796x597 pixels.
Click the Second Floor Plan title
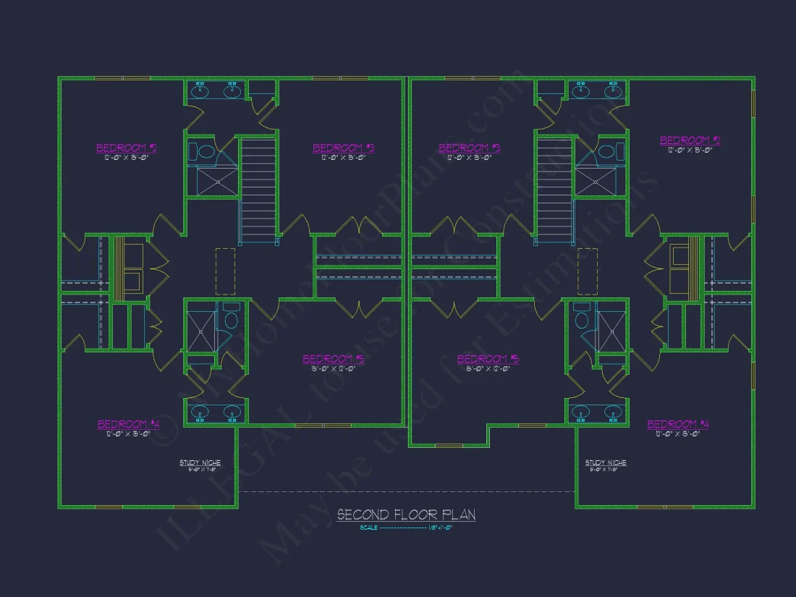[406, 515]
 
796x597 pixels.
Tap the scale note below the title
[406, 528]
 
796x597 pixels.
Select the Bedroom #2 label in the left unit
[127, 148]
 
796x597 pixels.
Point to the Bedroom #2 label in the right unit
[690, 140]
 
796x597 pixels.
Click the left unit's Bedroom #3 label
[343, 148]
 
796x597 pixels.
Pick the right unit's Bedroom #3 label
[469, 148]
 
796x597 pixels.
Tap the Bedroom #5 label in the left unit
[333, 359]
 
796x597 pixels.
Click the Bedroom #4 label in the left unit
[128, 424]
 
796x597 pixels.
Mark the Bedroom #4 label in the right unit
[677, 424]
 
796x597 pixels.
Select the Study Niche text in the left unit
[200, 462]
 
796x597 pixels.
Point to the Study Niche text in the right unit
[606, 462]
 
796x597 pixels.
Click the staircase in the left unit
[258, 191]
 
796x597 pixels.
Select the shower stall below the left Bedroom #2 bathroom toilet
[211, 181]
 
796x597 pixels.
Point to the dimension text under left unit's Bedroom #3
[343, 157]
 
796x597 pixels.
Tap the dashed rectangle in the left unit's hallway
[225, 271]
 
